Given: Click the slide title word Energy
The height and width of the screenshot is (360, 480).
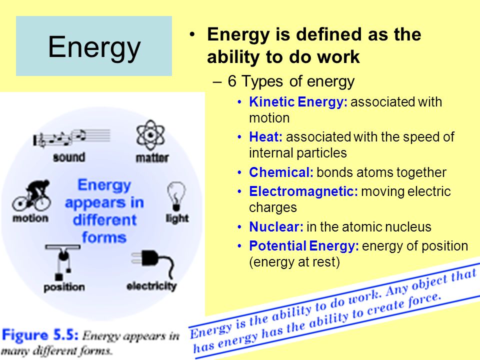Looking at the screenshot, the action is [x=94, y=47].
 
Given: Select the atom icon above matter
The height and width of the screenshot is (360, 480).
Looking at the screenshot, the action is [x=150, y=135].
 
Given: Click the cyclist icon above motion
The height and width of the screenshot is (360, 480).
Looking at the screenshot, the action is [x=31, y=195].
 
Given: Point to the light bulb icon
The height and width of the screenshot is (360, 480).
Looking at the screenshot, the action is [x=176, y=196].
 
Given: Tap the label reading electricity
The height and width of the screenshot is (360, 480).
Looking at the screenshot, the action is [x=151, y=286].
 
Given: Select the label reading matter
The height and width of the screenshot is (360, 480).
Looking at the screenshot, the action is [x=152, y=157].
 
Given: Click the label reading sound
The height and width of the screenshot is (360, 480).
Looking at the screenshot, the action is [x=69, y=157].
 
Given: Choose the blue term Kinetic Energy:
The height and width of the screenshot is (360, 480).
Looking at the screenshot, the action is [x=298, y=102].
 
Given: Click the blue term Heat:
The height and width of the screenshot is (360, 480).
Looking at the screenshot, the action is [x=265, y=137].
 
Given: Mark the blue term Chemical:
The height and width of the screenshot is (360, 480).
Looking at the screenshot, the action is [x=281, y=172].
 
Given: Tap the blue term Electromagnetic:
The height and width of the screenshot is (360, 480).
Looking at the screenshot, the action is [x=303, y=191].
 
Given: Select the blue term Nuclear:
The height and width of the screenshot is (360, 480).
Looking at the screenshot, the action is [x=276, y=227].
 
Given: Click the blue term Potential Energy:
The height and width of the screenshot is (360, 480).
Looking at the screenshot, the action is [x=303, y=246].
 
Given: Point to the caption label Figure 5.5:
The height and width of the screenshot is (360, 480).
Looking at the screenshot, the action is [x=40, y=335].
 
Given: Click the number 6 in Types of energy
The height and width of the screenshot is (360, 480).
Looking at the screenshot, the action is [x=232, y=81].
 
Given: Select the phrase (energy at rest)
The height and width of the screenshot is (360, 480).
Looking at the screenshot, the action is [x=294, y=262].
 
